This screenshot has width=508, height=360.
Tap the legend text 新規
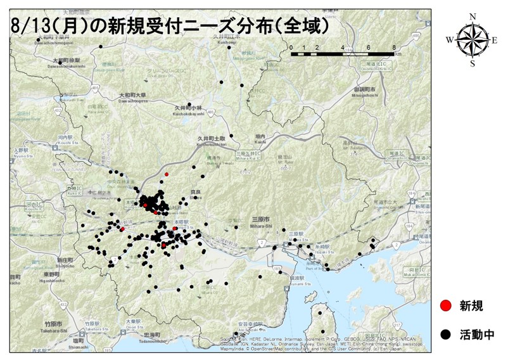tap(471, 306)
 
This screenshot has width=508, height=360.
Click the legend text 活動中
tap(476, 334)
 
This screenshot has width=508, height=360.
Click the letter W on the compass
tap(449, 40)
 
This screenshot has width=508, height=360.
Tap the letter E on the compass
tap(495, 40)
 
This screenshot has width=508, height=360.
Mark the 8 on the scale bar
tap(394, 47)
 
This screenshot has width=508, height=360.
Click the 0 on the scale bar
tap(291, 47)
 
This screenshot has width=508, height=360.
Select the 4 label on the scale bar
tap(343, 47)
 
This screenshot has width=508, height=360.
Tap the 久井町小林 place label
tap(189, 108)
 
